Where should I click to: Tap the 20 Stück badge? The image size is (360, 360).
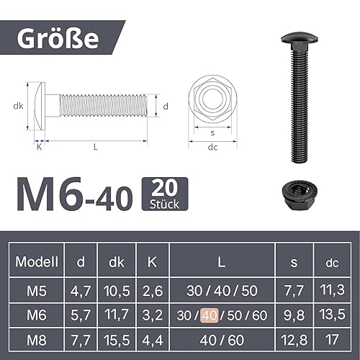[166, 194]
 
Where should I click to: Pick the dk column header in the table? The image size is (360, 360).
[117, 263]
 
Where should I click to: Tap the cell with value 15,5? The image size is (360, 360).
[117, 339]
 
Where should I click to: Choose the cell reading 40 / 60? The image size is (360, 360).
[222, 339]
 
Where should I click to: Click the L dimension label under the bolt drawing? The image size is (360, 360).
[96, 147]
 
